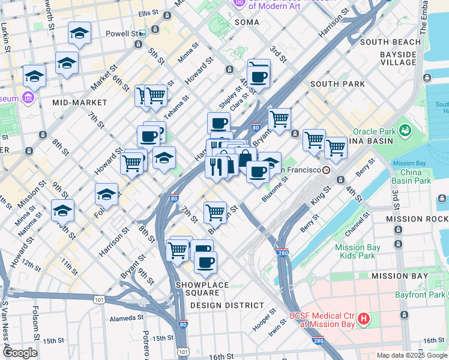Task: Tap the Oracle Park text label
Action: [x=373, y=131]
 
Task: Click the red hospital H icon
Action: [x=363, y=319]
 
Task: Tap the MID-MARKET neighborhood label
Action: [x=79, y=103]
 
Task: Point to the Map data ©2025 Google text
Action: [x=412, y=355]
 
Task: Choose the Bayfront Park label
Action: [x=420, y=295]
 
